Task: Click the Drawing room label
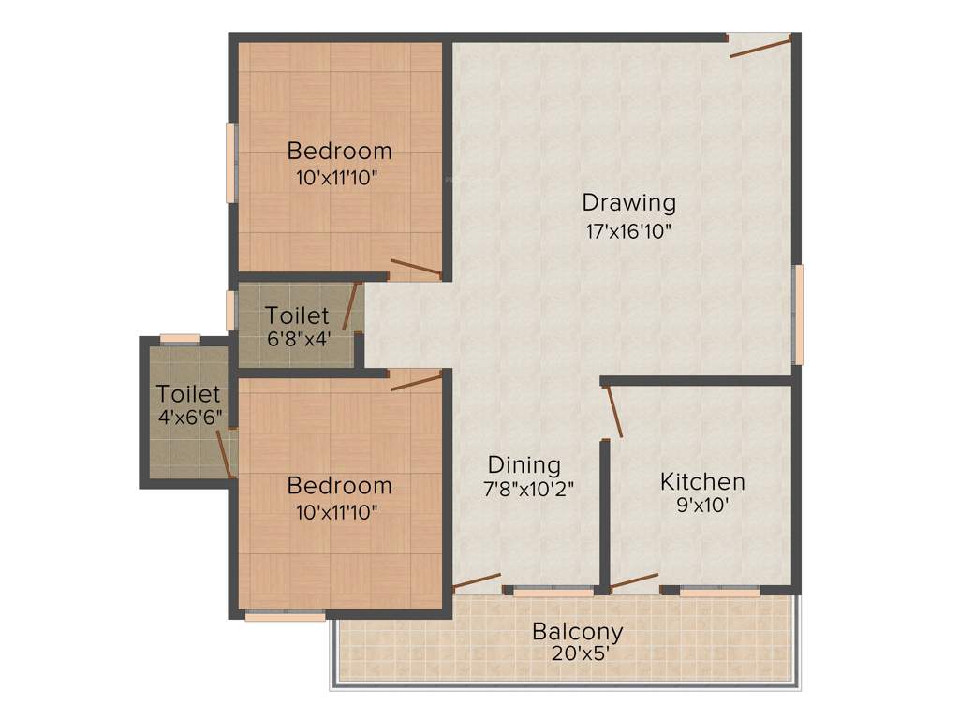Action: (x=628, y=202)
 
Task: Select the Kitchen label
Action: (x=702, y=482)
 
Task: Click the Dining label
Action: (x=524, y=464)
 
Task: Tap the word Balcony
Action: (x=577, y=631)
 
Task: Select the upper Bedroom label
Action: (x=339, y=151)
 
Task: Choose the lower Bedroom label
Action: (x=339, y=486)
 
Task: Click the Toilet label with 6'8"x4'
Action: (x=297, y=315)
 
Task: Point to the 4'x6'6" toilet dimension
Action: (x=190, y=418)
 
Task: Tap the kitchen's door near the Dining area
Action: (x=613, y=412)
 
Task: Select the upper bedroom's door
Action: (x=415, y=269)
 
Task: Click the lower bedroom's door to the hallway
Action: (x=416, y=381)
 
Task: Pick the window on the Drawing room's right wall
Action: (x=798, y=315)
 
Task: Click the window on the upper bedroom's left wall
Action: (x=230, y=162)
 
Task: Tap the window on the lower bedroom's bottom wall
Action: (x=285, y=616)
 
